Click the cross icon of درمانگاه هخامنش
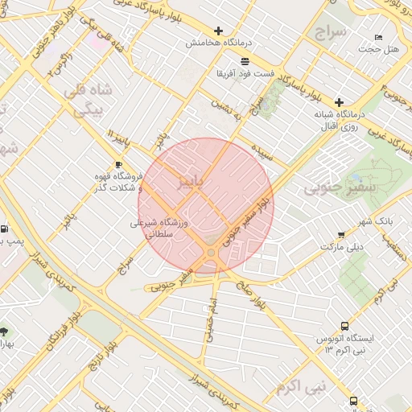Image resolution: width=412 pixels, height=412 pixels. tap(218, 31)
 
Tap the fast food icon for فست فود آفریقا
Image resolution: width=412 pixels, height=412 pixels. tap(244, 61)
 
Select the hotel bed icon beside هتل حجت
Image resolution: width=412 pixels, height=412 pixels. tap(379, 38)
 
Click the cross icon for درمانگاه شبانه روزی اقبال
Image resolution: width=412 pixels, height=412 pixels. tap(339, 102)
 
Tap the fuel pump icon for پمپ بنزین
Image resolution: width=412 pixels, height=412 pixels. tap(5, 229)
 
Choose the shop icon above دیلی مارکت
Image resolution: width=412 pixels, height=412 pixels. tap(341, 235)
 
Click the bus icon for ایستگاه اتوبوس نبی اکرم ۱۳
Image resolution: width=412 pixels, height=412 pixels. tap(344, 326)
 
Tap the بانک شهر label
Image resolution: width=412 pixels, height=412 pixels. tap(370, 221)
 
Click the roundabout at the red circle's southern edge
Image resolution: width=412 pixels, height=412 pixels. tap(212, 253)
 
